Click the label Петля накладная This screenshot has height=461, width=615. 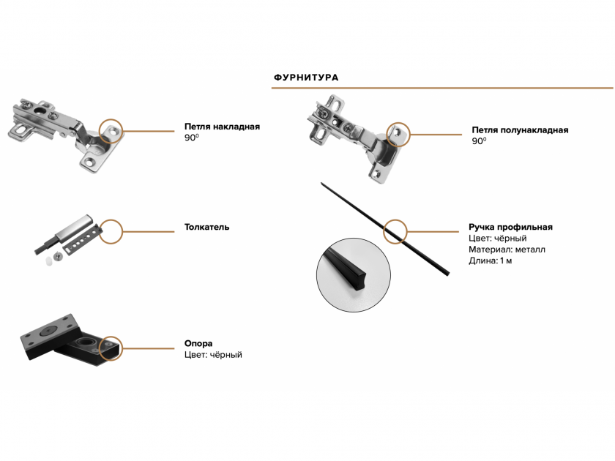[222, 127]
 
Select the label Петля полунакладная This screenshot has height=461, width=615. [520, 130]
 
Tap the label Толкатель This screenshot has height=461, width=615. [206, 227]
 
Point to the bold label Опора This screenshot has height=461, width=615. [198, 343]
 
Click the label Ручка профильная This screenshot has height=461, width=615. [510, 227]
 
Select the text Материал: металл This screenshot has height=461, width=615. [507, 250]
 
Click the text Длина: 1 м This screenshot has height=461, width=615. [491, 261]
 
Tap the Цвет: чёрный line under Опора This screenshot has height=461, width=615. [213, 355]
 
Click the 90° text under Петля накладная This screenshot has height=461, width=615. [191, 138]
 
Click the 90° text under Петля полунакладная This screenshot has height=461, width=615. [479, 142]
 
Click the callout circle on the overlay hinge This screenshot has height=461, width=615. [111, 131]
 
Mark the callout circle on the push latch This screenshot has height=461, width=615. [111, 230]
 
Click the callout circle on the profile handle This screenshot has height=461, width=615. [395, 231]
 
